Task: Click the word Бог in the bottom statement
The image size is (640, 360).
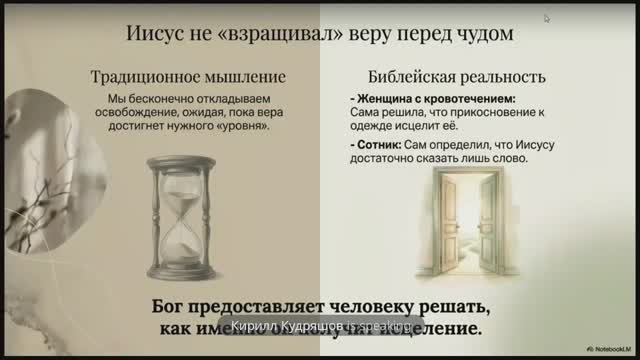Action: click(175, 306)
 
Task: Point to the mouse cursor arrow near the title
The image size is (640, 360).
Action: click(547, 18)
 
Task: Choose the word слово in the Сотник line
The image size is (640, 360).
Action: click(507, 160)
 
